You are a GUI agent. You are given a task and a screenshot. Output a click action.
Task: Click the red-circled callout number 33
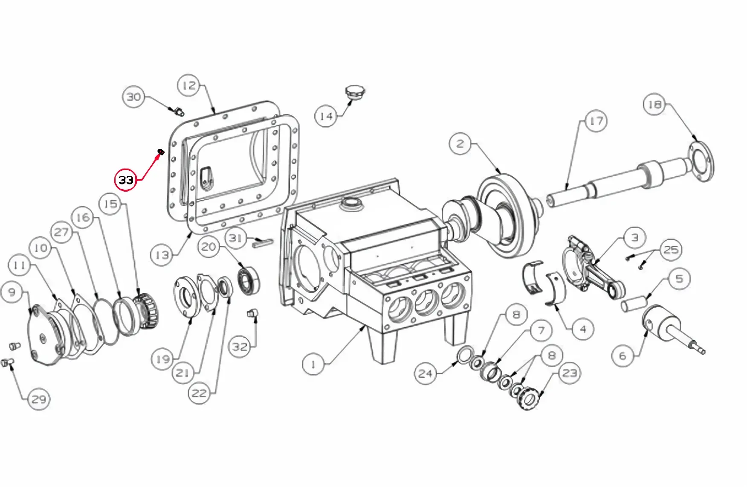coord(126,180)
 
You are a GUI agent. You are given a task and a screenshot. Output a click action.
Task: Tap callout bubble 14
coord(326,116)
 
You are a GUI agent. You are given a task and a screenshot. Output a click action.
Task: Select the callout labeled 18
coord(654,104)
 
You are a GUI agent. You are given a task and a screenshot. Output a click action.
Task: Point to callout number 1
coord(313,365)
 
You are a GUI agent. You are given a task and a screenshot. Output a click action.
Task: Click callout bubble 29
coord(39,399)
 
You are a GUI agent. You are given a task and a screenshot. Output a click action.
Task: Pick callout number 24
coord(426,373)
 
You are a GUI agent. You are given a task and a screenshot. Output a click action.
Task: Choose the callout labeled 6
coord(623,356)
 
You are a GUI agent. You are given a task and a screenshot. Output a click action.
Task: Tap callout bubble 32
coord(240,347)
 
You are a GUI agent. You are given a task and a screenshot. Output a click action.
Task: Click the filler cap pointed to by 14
coord(354,93)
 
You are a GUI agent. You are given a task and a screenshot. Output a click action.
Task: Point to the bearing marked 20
coord(249,280)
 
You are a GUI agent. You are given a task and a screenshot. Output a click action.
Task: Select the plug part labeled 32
coord(252,314)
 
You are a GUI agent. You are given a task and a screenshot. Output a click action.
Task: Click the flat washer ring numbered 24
coord(464,354)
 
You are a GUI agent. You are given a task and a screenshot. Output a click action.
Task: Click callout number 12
coord(189,85)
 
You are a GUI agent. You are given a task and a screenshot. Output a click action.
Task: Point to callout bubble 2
coord(460,143)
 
